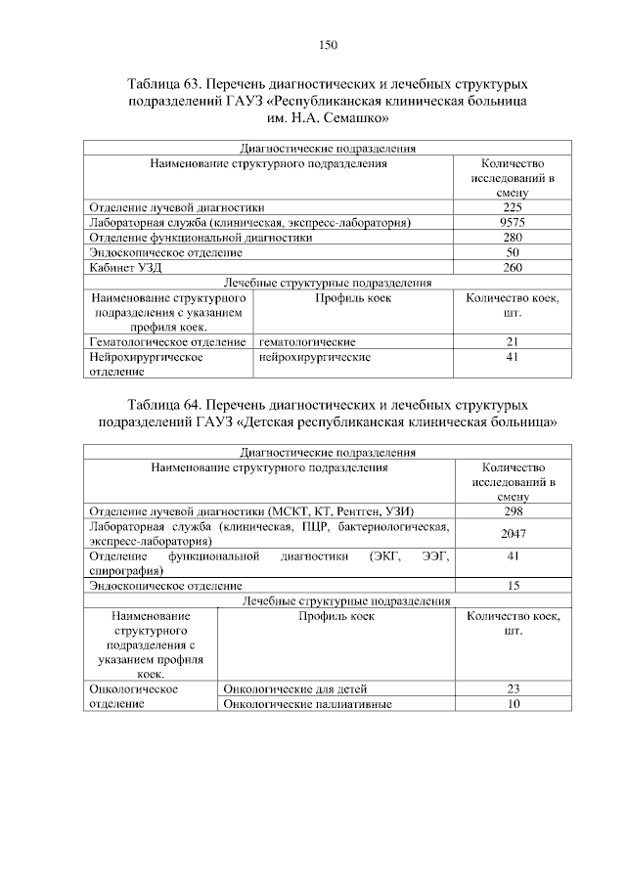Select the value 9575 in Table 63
(x=513, y=222)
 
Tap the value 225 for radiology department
(x=513, y=207)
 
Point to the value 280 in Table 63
(x=513, y=237)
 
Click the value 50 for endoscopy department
(x=513, y=251)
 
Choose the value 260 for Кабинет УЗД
(x=513, y=267)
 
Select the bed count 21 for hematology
(x=513, y=341)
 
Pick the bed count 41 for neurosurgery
(x=513, y=357)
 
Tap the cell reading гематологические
(x=307, y=341)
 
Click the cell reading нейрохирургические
(x=314, y=357)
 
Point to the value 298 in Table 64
(x=513, y=511)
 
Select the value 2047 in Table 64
(x=513, y=533)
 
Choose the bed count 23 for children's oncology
(x=513, y=688)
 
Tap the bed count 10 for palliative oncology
(x=513, y=703)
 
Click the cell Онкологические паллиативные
(x=308, y=703)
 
